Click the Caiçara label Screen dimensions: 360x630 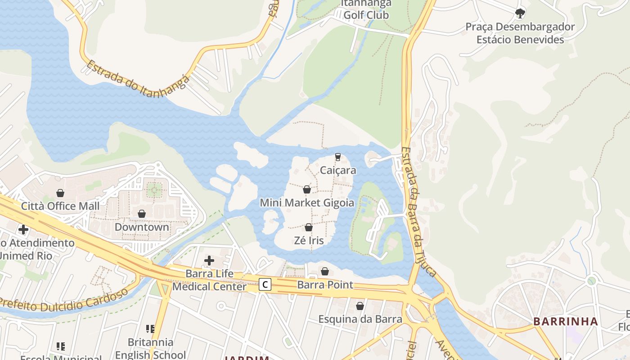coord(337,171)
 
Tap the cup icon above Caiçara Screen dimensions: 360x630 coord(337,157)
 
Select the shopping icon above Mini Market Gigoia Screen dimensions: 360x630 coord(307,189)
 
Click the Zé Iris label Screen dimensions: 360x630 coord(309,240)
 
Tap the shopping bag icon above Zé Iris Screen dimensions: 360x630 coord(309,227)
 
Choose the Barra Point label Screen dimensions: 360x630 coord(325,285)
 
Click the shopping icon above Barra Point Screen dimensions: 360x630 coord(325,271)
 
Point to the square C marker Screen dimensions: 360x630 coord(265,284)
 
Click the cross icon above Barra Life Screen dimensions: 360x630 coord(209,260)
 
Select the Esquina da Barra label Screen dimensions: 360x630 coord(360,319)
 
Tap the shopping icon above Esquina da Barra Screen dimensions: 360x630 coord(360,306)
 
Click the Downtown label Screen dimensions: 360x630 coord(142,227)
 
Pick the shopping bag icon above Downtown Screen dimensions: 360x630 coord(142,213)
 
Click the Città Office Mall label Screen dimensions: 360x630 coord(60,206)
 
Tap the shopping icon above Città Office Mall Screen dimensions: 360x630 coord(60,193)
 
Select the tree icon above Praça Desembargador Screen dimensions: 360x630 coord(520,13)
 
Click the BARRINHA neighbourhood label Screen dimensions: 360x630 coord(565,321)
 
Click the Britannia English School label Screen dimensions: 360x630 coord(150,348)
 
